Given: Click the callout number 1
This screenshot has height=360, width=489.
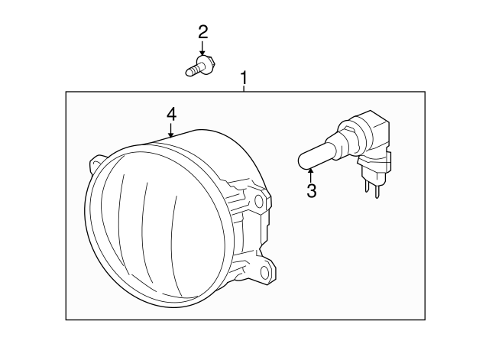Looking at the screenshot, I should pos(244,78).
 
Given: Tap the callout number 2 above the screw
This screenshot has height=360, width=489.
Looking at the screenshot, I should pos(202,32).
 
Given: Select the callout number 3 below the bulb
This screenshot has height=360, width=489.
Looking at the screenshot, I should pos(311,191).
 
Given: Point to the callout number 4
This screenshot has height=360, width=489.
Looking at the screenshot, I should pos(171,114).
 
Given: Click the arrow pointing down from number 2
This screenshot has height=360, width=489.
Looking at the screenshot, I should pos(202,48).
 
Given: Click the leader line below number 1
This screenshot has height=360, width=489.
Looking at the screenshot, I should pos(244,89).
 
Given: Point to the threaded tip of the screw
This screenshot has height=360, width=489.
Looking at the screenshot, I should pos(190,73).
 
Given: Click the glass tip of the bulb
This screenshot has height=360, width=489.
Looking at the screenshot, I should pos(305,161).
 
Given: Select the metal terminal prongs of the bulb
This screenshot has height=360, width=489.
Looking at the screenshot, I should pos(372,187).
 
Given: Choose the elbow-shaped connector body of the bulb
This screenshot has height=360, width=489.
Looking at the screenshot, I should pos(374,138).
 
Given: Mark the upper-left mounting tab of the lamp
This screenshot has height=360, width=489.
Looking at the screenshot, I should pos(97,162).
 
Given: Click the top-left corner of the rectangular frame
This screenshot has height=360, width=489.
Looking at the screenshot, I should pos(66,92).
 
